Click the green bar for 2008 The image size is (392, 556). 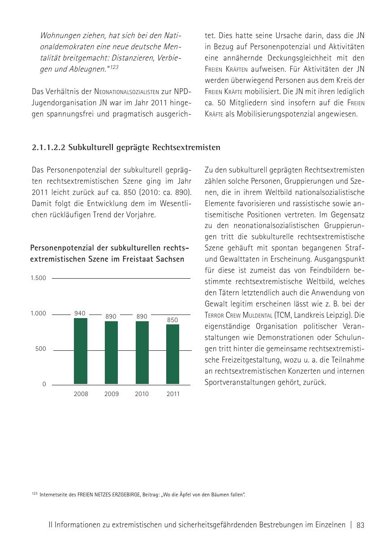(x=81, y=351)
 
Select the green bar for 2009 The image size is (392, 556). (x=111, y=353)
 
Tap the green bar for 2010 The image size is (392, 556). (x=142, y=353)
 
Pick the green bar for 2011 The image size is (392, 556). (x=173, y=354)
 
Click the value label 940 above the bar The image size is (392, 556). (x=80, y=314)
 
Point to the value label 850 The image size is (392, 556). (x=172, y=320)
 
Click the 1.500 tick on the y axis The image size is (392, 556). (x=39, y=278)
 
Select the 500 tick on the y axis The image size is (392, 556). (x=41, y=349)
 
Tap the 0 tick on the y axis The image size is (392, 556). (x=44, y=384)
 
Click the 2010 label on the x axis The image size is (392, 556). (x=142, y=394)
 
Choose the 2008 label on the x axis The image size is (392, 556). (x=81, y=394)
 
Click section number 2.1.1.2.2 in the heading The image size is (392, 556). (x=49, y=147)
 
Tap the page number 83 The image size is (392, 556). (x=361, y=526)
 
